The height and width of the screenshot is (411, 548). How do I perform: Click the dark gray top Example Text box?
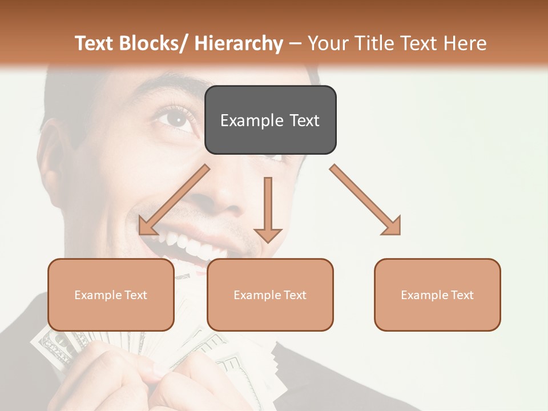(x=270, y=120)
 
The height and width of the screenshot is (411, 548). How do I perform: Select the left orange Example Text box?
(x=111, y=295)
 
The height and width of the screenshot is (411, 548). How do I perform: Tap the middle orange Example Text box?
(x=270, y=295)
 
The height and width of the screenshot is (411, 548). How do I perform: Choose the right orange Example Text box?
(x=437, y=295)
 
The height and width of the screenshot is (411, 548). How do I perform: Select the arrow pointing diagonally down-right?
(x=366, y=200)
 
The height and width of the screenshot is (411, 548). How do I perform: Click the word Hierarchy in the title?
(x=239, y=44)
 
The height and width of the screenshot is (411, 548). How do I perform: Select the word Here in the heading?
(x=465, y=44)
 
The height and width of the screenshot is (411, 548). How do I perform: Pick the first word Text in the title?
(x=95, y=44)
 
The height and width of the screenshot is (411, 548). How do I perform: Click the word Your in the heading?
(x=327, y=44)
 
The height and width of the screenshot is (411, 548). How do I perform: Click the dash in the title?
(x=295, y=44)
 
